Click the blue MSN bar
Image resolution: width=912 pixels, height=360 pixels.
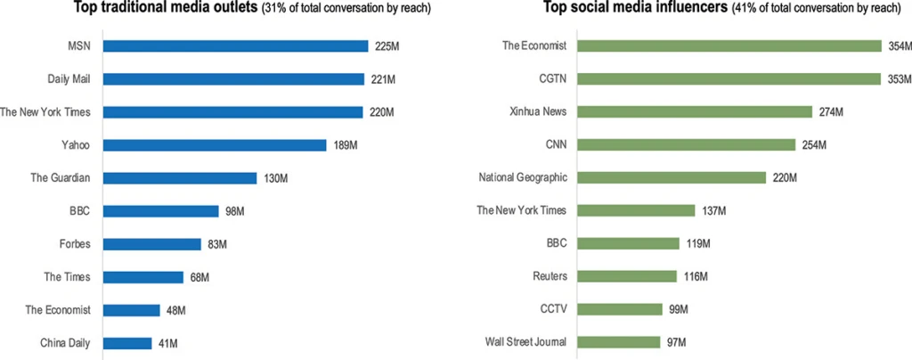[236, 45]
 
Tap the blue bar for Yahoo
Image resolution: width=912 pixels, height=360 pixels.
[215, 145]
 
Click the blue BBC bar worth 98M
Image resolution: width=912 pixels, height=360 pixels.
[161, 211]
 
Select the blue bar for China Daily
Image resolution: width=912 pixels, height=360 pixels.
[127, 343]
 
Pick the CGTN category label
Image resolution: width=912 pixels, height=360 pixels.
[551, 79]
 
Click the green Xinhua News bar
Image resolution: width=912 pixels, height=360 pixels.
[696, 112]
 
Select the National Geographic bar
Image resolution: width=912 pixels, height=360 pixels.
[672, 178]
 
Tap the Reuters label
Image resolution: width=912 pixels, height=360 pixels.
[550, 277]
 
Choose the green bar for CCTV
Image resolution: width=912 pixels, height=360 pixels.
[623, 310]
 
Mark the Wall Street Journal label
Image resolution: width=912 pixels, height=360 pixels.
[525, 343]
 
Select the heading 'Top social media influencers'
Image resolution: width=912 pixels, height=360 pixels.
[636, 10]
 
